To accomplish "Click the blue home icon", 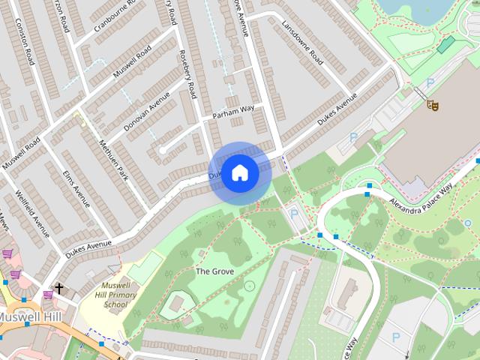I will pos(239,172).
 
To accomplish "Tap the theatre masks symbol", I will pos(431,105).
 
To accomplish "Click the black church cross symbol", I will pos(58,288).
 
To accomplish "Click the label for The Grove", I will pos(214,271).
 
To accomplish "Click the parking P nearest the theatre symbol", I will pos(430,83).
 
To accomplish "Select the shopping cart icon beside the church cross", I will pos(48,294).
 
